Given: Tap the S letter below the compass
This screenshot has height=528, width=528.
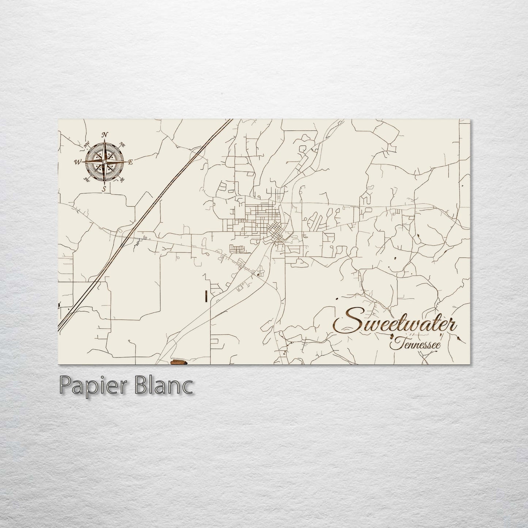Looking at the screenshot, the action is click(x=105, y=189).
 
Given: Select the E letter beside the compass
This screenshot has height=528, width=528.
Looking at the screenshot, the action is click(x=130, y=162).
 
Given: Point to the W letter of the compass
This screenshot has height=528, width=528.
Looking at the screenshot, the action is click(x=78, y=162).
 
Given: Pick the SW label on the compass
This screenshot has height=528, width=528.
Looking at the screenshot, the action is click(x=87, y=179).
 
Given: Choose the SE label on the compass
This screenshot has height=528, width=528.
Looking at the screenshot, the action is click(x=122, y=179).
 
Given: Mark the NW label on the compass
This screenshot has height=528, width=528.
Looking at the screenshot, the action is click(x=87, y=145).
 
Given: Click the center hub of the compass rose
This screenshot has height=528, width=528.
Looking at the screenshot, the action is click(x=105, y=162).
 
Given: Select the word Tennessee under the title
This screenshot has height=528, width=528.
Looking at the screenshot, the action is click(x=415, y=345).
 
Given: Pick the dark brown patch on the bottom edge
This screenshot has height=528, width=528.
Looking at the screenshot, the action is click(x=179, y=362).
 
